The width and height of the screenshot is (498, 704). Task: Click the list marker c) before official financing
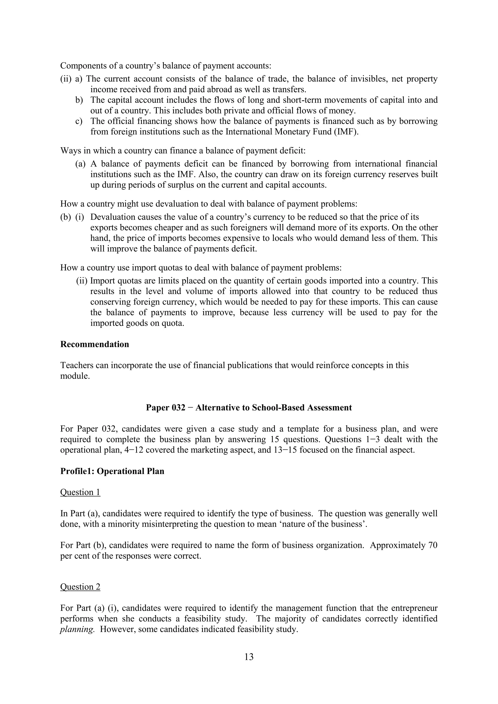click(x=79, y=121)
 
